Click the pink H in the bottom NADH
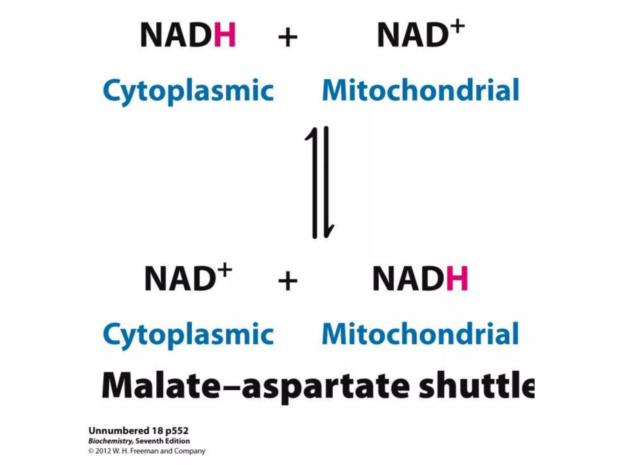coord(457,279)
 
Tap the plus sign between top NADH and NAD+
coord(288,37)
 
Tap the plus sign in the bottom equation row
coord(288,281)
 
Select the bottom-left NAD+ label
coord(188,278)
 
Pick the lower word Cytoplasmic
coord(188,335)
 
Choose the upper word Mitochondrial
coord(420,90)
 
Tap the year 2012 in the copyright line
coord(103,451)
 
